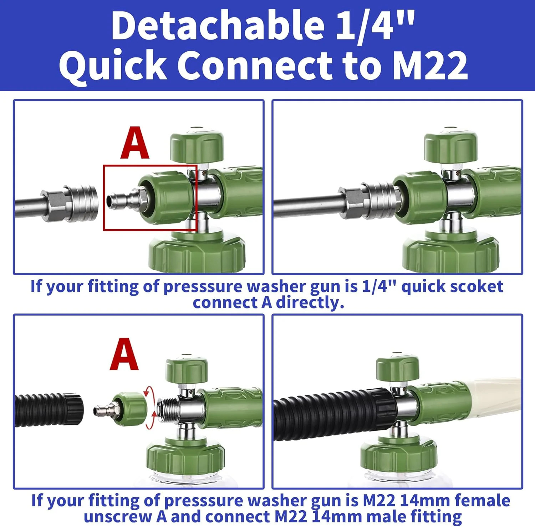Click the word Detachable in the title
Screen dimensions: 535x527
(x=218, y=26)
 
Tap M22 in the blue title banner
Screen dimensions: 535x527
(x=430, y=65)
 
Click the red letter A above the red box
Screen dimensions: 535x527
(x=134, y=143)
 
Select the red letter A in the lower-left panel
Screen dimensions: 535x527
(x=124, y=354)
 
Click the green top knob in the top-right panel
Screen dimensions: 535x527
(x=450, y=147)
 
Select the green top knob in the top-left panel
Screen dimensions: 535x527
(x=197, y=147)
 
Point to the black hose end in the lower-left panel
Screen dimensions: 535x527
(x=50, y=410)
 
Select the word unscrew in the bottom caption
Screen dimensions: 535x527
(x=118, y=517)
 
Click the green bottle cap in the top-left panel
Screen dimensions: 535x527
(x=197, y=251)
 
